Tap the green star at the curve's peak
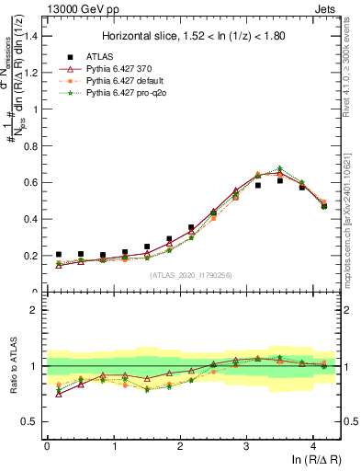(280, 168)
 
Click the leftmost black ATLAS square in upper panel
(59, 255)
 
